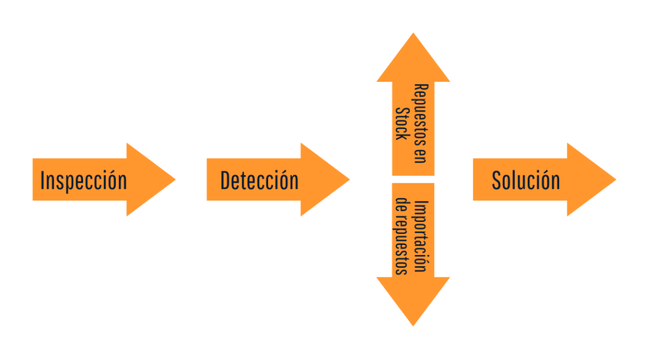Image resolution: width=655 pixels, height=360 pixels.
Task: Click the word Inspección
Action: [x=83, y=181]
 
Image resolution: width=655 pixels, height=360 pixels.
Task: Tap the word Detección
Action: [x=259, y=181]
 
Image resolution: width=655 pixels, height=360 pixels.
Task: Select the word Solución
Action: [x=526, y=181]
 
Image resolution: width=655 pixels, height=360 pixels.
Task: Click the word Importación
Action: [x=420, y=237]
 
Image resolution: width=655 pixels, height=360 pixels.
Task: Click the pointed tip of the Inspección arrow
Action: [x=174, y=180]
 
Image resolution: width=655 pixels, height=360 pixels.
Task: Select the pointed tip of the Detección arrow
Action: [x=349, y=180]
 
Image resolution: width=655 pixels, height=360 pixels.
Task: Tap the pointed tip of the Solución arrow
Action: [x=615, y=180]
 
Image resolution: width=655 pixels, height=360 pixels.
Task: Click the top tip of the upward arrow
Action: [x=413, y=35]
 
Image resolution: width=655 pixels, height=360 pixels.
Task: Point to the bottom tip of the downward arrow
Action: [x=413, y=325]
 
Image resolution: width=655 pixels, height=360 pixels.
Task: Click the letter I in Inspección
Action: [x=42, y=181]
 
